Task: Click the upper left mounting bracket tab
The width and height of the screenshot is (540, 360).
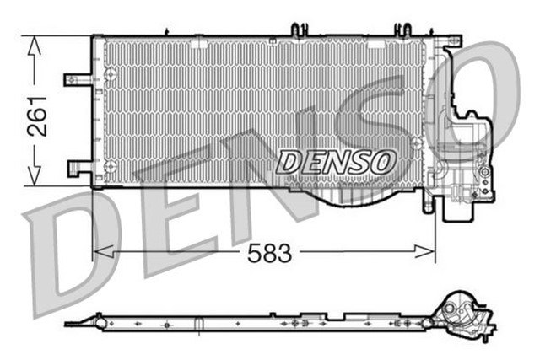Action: pos(76,79)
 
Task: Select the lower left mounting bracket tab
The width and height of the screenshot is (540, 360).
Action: pos(78,167)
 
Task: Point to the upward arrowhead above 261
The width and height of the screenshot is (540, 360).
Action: pos(34,46)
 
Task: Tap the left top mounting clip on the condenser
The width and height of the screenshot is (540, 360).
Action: pos(297,30)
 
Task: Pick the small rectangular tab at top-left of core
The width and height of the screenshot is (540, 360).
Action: pos(199,41)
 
